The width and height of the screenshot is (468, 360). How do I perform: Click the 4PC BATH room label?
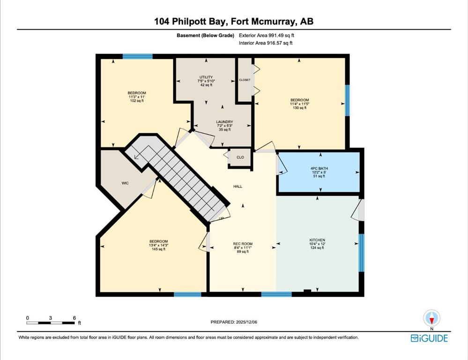(319, 168)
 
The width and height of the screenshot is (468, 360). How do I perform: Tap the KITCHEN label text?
(317, 240)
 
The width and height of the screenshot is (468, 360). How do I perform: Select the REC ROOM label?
(243, 244)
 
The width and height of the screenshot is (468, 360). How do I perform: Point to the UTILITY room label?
(206, 77)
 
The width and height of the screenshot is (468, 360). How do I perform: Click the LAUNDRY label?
(225, 122)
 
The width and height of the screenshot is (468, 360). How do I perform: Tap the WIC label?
(125, 183)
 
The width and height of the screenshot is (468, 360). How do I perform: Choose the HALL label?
(238, 187)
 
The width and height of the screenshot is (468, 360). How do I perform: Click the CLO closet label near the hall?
(240, 157)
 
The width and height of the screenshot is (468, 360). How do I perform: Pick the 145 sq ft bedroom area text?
(158, 249)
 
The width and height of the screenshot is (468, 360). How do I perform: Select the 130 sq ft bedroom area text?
(299, 108)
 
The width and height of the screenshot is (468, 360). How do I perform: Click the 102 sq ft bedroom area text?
(137, 101)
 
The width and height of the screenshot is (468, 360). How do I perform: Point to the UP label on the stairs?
(221, 219)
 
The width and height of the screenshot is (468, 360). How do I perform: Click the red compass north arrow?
(431, 320)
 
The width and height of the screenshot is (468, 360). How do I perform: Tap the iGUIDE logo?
(430, 338)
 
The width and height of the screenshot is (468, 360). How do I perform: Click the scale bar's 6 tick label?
(74, 318)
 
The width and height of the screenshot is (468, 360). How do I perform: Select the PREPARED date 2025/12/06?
(246, 322)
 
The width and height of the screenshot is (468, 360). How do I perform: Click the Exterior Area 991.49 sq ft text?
(267, 35)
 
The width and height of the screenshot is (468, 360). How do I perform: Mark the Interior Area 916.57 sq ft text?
(266, 43)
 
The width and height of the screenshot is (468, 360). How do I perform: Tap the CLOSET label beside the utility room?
(245, 80)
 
